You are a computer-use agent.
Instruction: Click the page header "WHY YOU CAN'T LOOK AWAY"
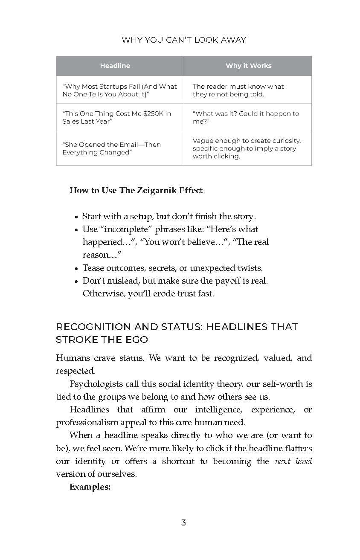click(x=184, y=40)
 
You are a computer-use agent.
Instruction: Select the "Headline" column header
click(x=115, y=66)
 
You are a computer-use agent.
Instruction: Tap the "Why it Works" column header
click(x=248, y=66)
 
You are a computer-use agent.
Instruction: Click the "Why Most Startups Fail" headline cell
click(x=119, y=90)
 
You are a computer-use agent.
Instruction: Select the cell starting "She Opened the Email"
click(x=111, y=148)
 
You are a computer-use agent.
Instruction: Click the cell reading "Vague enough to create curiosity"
click(x=247, y=148)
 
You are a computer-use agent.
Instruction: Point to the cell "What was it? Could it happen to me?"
click(x=246, y=117)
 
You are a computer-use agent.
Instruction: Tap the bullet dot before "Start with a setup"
click(x=76, y=217)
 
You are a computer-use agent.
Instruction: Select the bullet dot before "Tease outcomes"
click(x=76, y=269)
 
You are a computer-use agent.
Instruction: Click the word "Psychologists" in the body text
click(x=94, y=384)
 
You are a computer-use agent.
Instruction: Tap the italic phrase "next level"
click(x=293, y=461)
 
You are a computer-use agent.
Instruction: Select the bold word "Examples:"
click(x=90, y=487)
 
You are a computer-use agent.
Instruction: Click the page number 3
click(x=183, y=523)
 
